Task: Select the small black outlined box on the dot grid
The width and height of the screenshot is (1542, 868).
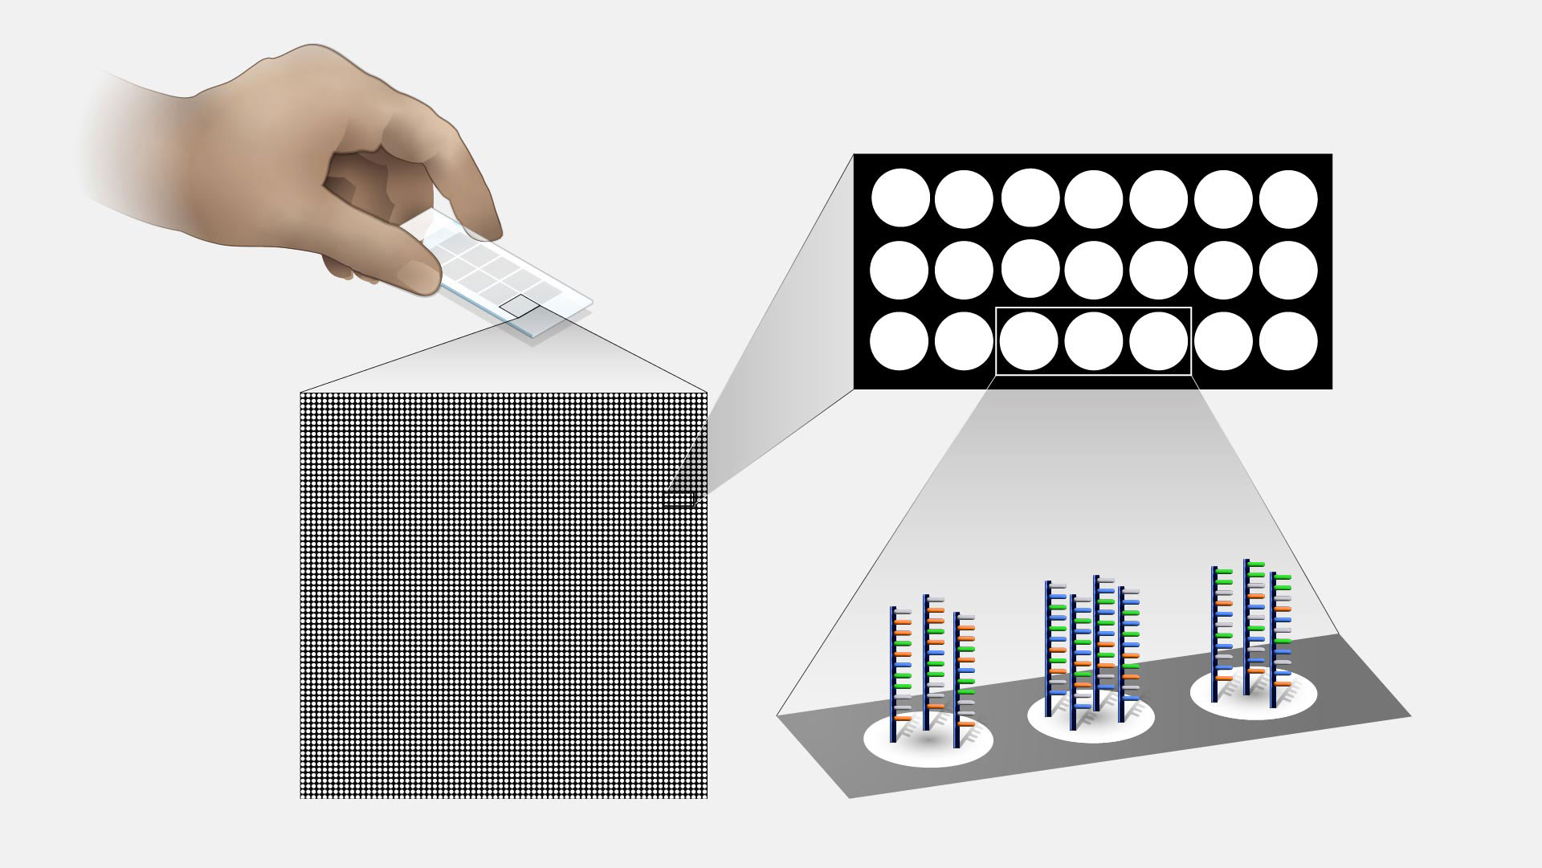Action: pos(679,499)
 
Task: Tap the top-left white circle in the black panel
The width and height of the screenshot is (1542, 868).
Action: pos(900,198)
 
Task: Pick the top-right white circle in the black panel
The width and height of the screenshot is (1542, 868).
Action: pos(1288,198)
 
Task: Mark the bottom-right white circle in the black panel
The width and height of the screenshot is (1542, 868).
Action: pos(1288,340)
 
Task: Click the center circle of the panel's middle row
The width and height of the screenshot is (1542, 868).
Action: pos(1094,270)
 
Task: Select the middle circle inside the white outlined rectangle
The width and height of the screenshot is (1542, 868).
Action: pos(1094,340)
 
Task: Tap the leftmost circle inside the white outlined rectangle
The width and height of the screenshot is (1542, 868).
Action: pos(1030,340)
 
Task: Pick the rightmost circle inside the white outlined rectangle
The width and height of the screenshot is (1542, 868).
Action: pos(1158,340)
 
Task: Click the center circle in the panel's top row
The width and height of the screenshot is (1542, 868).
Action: pos(1094,198)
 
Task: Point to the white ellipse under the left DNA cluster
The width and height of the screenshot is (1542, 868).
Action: pos(928,742)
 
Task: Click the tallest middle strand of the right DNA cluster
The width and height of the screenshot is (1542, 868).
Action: pos(1247,626)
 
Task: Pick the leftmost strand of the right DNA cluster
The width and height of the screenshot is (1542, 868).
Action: pos(1214,634)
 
